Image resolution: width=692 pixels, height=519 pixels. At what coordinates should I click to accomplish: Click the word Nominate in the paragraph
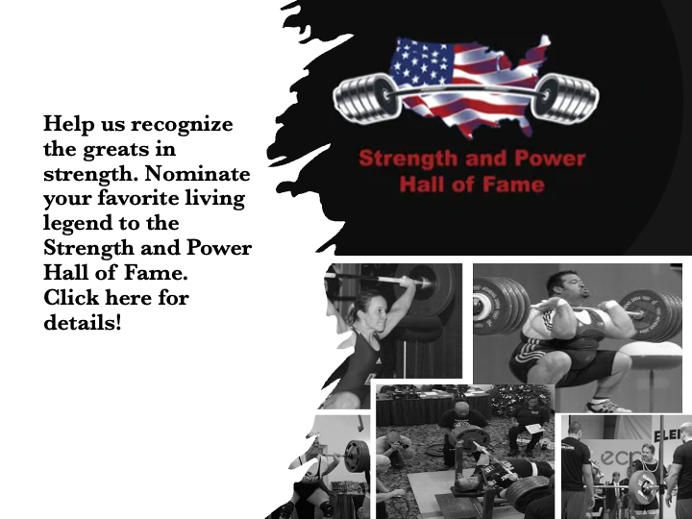pyautogui.click(x=197, y=173)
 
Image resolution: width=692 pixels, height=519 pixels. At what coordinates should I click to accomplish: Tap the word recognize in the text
pyautogui.click(x=182, y=125)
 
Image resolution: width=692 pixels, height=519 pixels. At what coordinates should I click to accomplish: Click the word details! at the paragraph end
pyautogui.click(x=82, y=322)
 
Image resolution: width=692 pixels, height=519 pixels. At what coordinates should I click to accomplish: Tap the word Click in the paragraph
pyautogui.click(x=71, y=297)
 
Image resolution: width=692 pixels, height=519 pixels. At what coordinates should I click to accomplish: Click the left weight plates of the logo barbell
pyautogui.click(x=367, y=97)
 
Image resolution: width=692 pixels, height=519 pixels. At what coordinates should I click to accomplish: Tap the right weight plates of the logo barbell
pyautogui.click(x=566, y=97)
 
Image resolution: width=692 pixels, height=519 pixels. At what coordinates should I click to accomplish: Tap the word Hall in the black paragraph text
pyautogui.click(x=65, y=272)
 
